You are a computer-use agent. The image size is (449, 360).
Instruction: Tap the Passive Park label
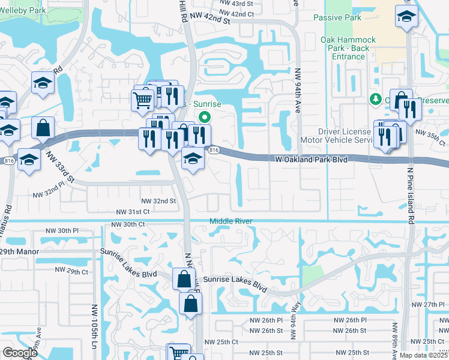[337, 18]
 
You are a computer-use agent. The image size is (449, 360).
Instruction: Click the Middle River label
[231, 221]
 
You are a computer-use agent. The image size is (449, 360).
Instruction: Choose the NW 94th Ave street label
[297, 95]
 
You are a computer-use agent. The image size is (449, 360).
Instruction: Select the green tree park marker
[376, 98]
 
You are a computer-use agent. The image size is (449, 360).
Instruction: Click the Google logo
[20, 353]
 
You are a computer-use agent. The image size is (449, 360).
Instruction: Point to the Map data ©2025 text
[423, 355]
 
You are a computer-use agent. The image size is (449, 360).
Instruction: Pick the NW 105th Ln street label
[94, 323]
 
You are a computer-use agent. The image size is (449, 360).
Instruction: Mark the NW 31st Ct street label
[133, 212]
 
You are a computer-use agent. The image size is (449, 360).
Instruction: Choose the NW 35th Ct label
[430, 135]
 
